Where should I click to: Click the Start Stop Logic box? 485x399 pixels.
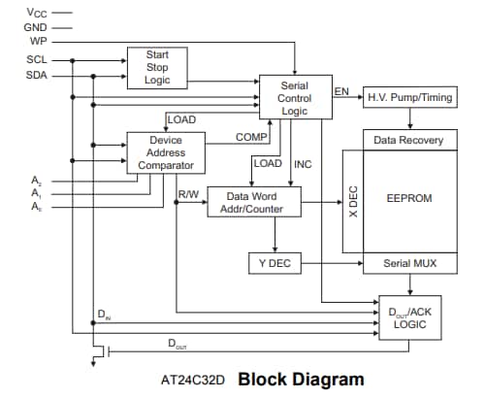pos(157,67)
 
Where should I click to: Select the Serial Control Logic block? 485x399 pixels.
pos(294,99)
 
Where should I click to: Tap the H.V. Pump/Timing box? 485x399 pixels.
pos(407,98)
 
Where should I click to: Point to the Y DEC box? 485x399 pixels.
pos(276,263)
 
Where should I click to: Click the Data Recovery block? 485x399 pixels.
pos(408,140)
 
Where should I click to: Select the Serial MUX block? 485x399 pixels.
pos(408,263)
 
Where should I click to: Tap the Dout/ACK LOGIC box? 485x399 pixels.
pos(408,317)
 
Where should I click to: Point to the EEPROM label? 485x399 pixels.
pos(408,198)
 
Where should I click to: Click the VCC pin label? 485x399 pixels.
pos(36,13)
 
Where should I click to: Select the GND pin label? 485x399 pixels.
pos(35,28)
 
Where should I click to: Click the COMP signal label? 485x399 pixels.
pos(251,138)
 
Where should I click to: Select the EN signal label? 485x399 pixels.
pos(341,91)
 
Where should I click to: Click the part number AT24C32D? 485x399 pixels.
pos(193,380)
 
